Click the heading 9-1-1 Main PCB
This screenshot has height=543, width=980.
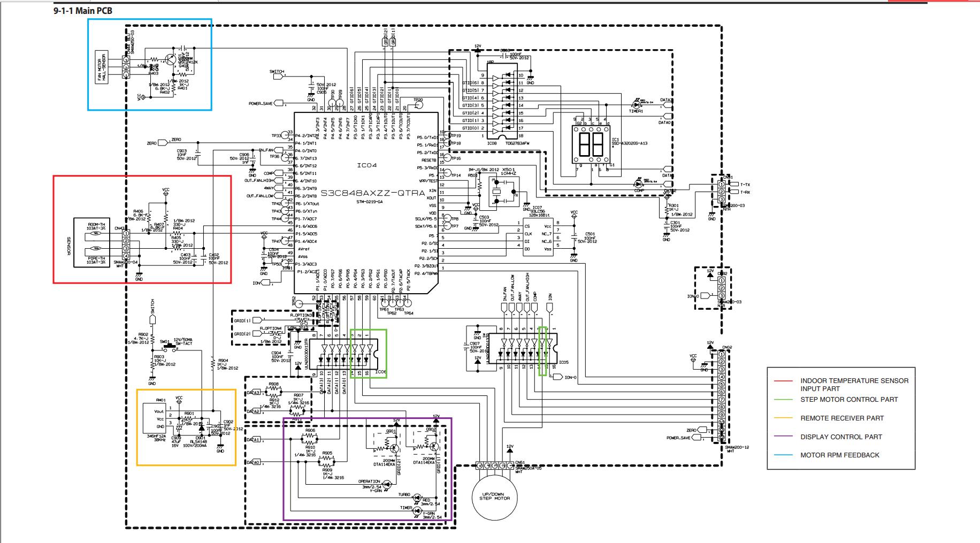[x=83, y=11]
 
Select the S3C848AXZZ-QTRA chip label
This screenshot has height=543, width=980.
[x=365, y=189]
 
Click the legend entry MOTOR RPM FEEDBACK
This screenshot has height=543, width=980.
[x=839, y=455]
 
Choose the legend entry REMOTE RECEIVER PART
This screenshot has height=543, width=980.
[x=842, y=418]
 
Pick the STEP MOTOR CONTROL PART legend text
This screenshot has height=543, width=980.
[x=849, y=400]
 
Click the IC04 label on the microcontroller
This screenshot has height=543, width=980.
[x=367, y=165]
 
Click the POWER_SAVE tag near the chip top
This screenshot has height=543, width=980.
[x=262, y=103]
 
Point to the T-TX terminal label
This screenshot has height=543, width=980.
[x=745, y=185]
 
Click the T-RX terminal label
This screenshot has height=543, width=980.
[x=745, y=192]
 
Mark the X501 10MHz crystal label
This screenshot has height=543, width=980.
[x=508, y=171]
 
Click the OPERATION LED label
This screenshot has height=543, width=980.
[x=369, y=482]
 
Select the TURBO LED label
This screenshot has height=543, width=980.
[x=404, y=495]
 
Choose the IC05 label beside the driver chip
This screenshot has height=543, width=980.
[x=564, y=362]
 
